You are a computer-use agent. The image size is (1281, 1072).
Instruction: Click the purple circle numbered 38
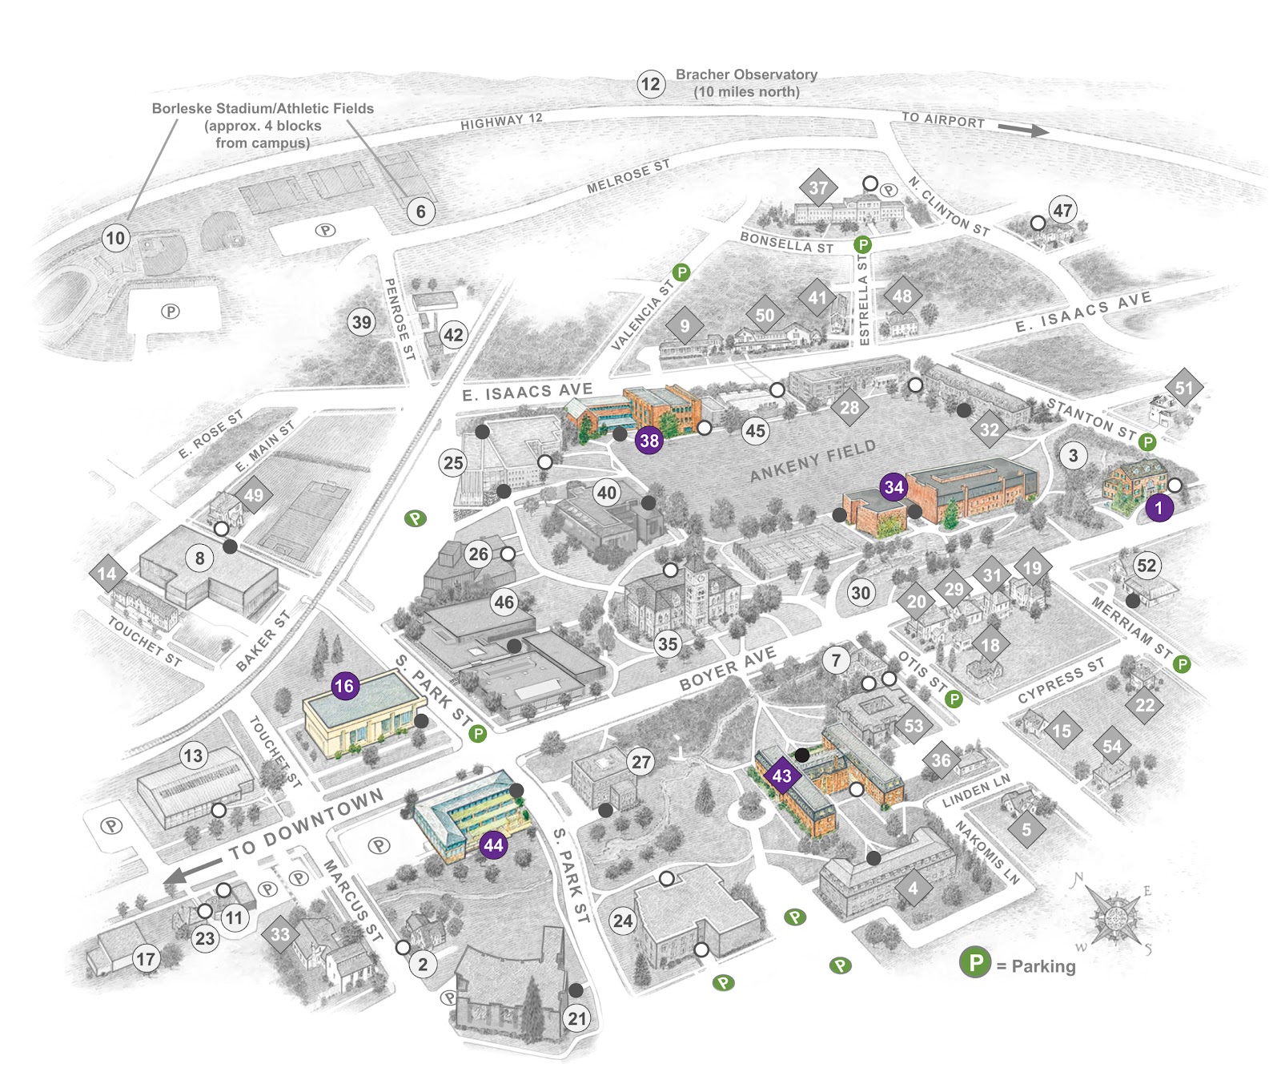point(649,440)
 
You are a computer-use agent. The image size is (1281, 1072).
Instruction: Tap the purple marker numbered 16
point(344,686)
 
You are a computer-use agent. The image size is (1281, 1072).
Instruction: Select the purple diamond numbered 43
point(781,776)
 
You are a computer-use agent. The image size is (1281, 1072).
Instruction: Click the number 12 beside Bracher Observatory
point(651,84)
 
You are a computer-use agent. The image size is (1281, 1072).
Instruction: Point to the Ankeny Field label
point(813,461)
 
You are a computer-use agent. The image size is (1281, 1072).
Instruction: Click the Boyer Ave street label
point(727,668)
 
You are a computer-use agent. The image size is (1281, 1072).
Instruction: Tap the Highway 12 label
point(501,122)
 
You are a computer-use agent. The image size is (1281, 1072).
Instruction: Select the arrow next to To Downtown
point(192,870)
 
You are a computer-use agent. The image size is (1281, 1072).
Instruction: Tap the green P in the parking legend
point(976,962)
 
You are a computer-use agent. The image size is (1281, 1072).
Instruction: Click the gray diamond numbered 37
point(818,188)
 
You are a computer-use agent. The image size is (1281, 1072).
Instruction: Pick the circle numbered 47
point(1062,211)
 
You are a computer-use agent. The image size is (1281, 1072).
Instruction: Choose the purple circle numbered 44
point(494,844)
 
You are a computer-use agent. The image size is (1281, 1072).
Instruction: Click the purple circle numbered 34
point(893,487)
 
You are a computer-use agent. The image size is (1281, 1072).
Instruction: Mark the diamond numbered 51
point(1183,389)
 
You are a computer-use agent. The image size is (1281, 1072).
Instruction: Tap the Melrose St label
point(628,176)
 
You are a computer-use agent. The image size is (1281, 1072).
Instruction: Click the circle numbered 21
point(577,1019)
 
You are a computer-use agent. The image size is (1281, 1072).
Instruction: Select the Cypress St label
point(1061,680)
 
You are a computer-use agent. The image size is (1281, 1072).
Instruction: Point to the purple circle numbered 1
point(1159,507)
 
